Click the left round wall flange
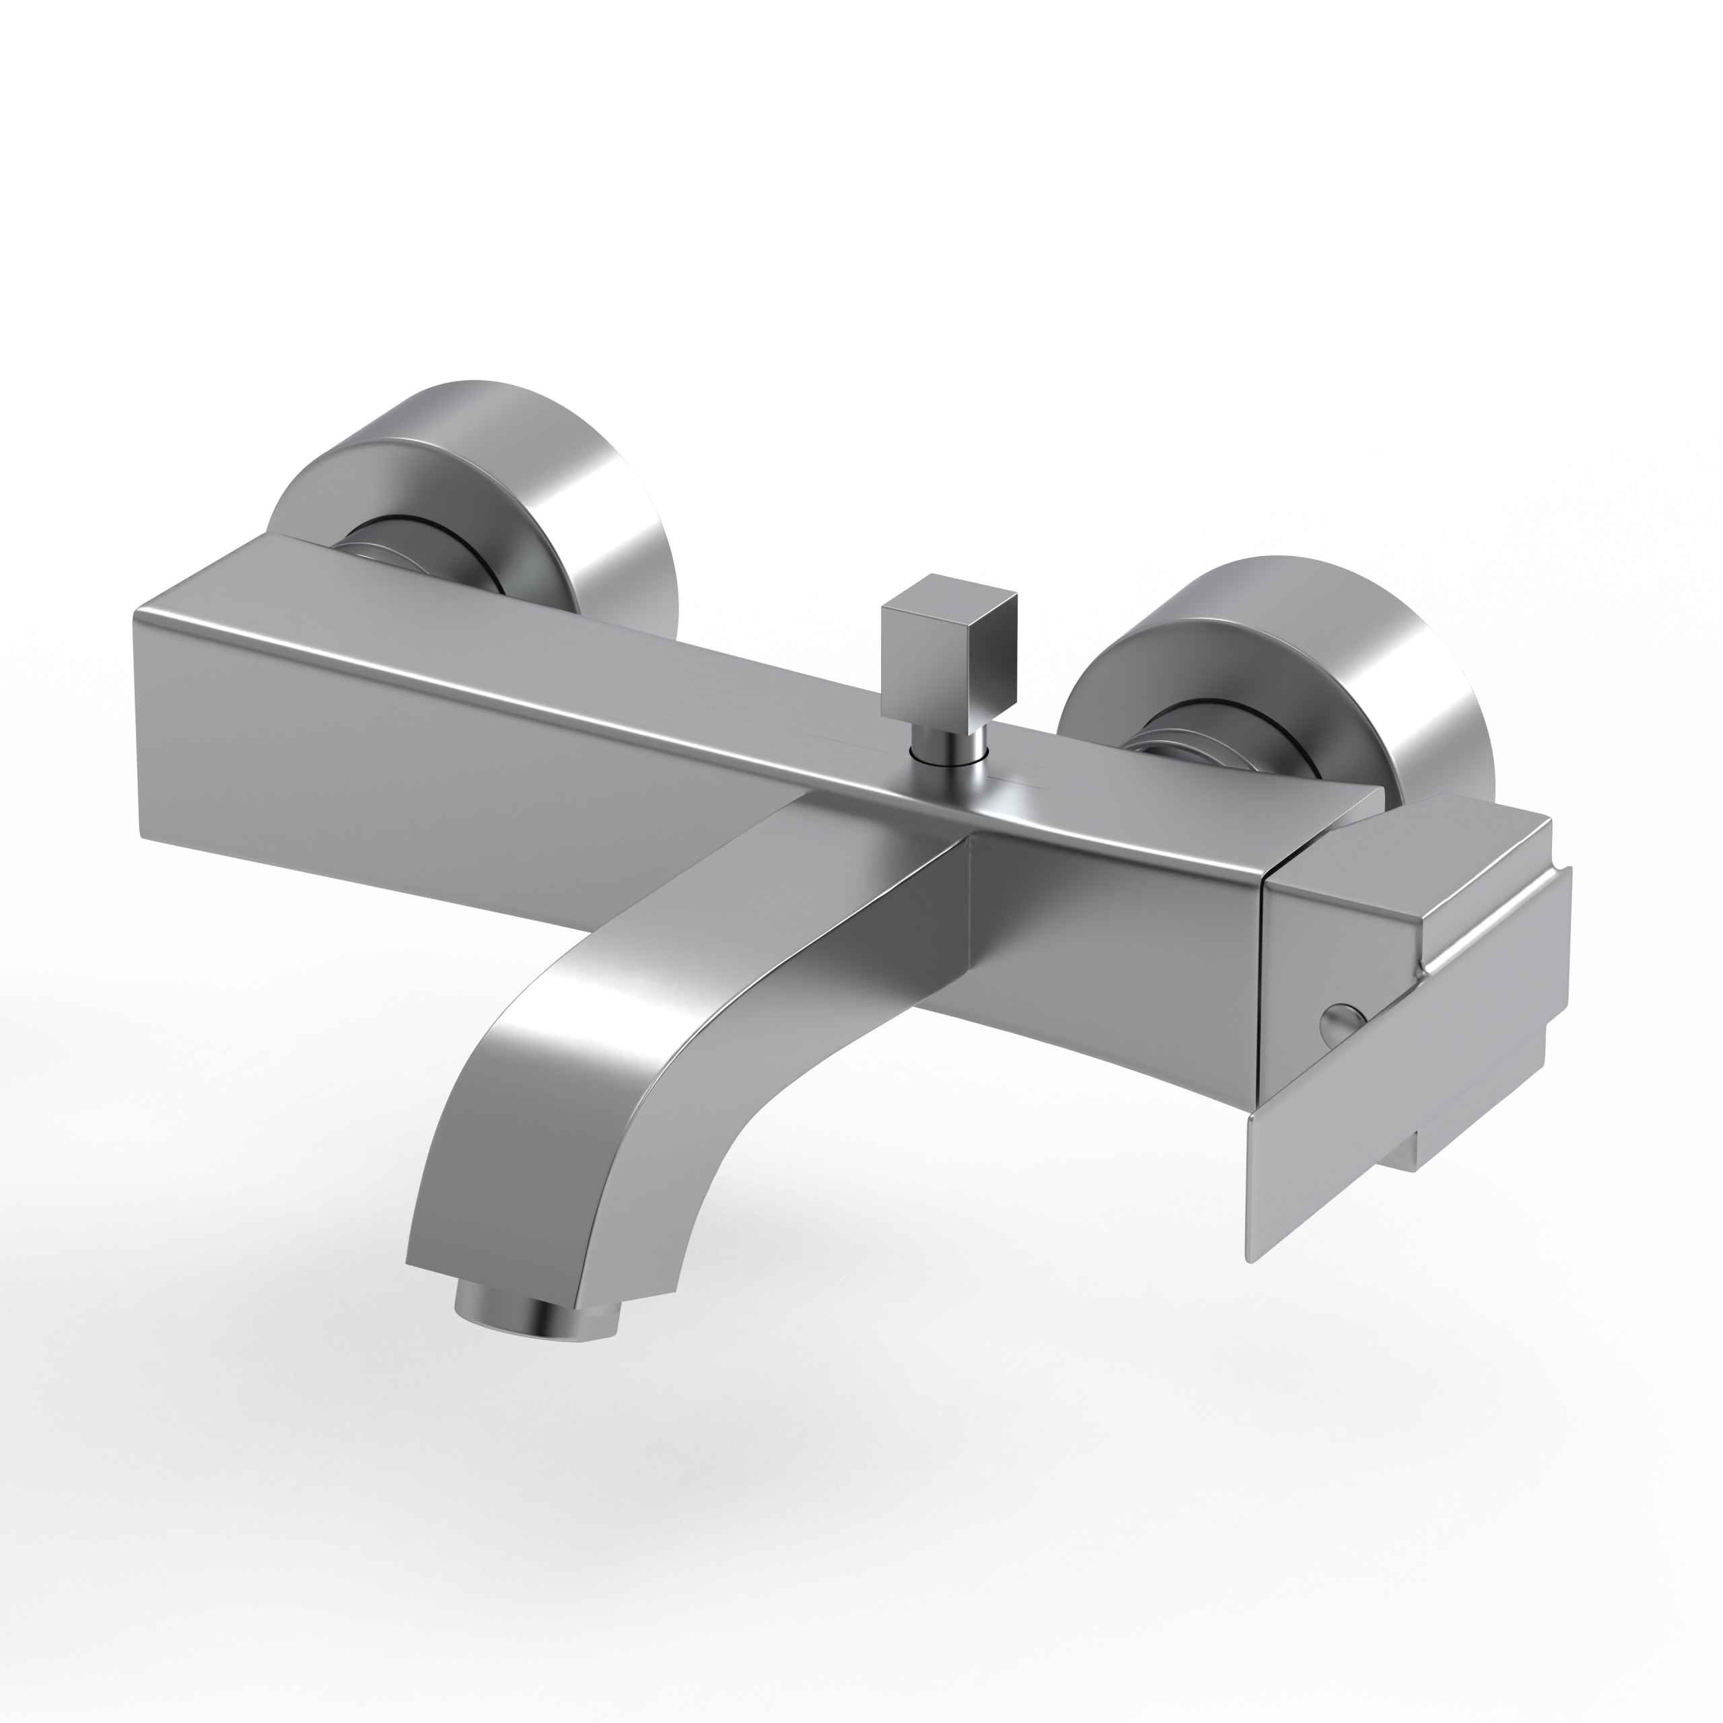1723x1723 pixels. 499,482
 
